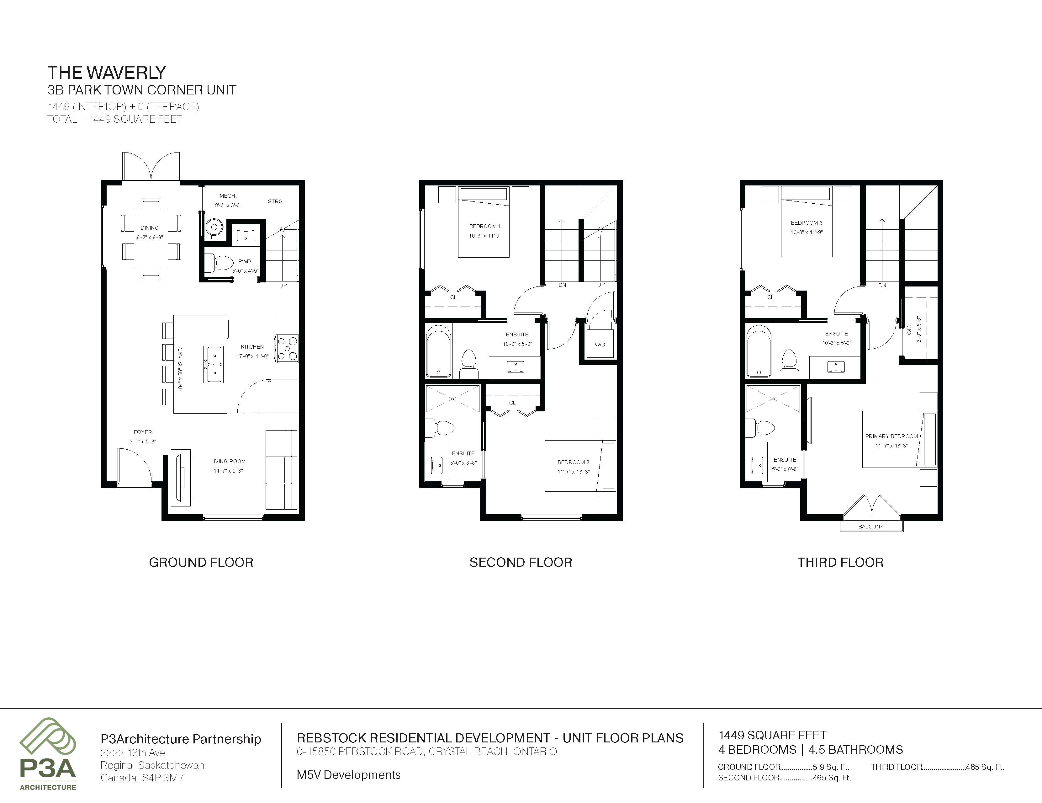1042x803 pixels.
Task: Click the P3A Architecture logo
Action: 48,754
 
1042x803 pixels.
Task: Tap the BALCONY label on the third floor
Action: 871,527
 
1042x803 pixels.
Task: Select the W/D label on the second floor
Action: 600,345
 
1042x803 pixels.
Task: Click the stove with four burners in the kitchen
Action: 288,349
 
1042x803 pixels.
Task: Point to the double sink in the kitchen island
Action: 214,364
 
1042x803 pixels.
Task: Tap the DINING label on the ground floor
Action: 149,228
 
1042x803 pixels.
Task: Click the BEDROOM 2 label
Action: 574,462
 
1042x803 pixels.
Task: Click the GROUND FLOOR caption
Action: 201,562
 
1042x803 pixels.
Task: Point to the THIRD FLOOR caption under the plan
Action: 840,562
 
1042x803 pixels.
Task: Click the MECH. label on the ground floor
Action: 228,196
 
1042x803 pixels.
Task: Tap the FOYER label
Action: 143,432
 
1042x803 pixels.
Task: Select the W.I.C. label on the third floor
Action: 909,329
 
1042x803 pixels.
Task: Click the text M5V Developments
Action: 349,775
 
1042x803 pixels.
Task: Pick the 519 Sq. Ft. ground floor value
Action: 831,767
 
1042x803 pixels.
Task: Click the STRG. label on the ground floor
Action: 276,201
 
